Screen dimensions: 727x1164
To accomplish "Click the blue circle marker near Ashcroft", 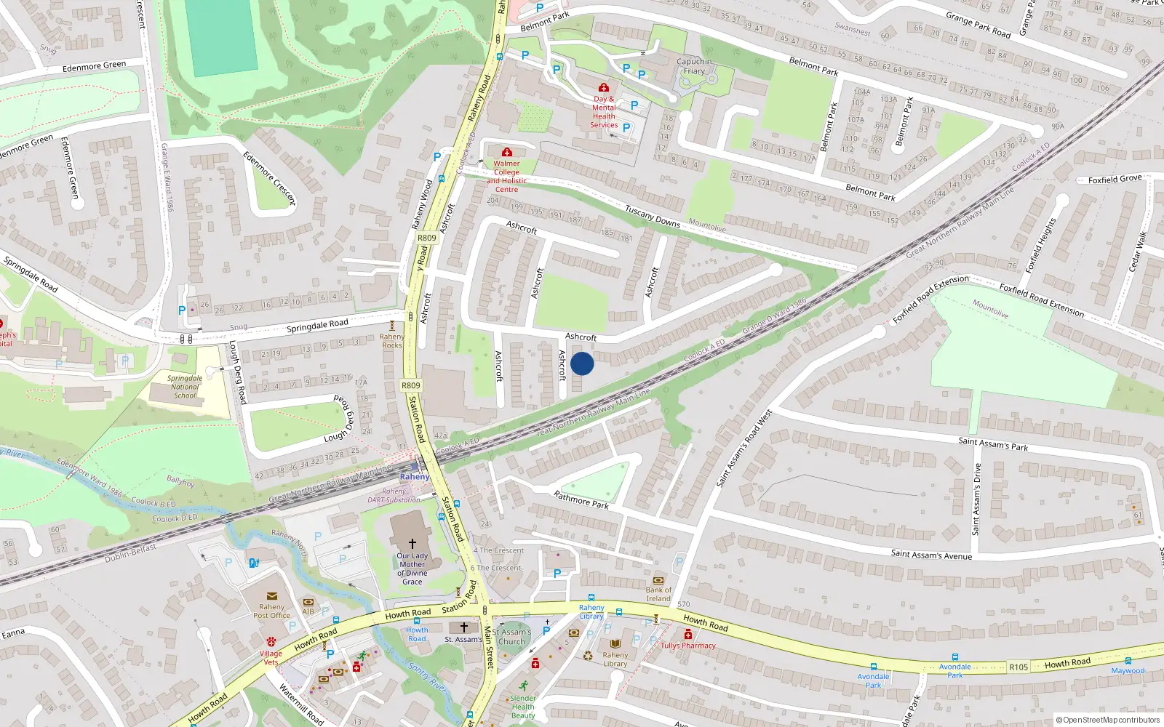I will (582, 363).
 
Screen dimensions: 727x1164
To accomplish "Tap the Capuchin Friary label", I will (694, 66).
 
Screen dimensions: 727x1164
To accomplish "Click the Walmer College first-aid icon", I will (507, 152).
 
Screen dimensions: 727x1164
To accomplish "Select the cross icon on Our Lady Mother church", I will (412, 543).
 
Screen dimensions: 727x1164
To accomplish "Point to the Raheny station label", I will (414, 477).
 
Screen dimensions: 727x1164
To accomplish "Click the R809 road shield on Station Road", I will (410, 386).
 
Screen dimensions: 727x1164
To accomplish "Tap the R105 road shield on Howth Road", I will (1018, 667).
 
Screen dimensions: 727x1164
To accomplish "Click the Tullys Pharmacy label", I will (688, 646).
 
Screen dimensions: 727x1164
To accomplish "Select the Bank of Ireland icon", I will (658, 580).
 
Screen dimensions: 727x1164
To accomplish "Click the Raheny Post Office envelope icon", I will (271, 596).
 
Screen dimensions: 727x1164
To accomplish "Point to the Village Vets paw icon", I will (271, 642).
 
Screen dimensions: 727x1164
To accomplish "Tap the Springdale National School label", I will (185, 387).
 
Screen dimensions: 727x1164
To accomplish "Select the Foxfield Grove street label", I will (1115, 179).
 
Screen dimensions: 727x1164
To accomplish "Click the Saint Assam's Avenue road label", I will (931, 555).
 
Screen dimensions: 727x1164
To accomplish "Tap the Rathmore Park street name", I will (581, 500).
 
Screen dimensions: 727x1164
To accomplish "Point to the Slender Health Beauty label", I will (522, 707).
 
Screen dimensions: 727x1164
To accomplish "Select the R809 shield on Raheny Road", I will (427, 238).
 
